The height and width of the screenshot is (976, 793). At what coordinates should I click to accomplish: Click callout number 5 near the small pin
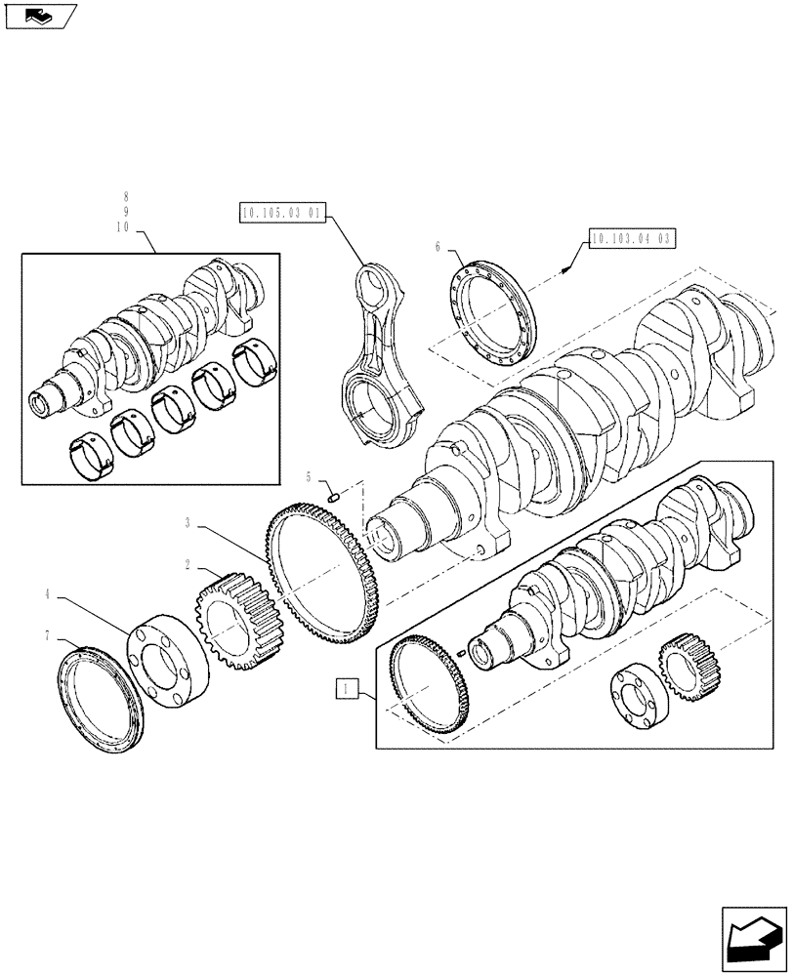pos(310,477)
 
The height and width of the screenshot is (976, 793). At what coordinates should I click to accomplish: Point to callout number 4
pos(46,592)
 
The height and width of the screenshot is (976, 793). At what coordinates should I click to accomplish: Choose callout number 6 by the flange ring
pos(438,248)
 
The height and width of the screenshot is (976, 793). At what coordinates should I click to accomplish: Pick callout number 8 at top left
pos(126,196)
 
